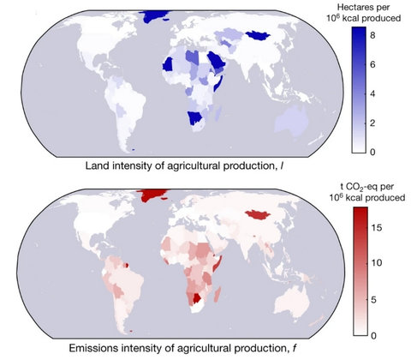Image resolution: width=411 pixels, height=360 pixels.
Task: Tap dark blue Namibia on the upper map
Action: pyautogui.click(x=196, y=117)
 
